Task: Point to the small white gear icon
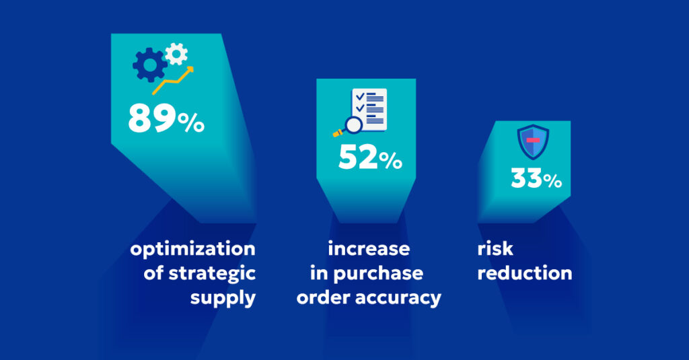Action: (176, 53)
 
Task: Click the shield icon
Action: (533, 142)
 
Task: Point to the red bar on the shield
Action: (533, 140)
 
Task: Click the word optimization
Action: (193, 249)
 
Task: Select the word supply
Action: (223, 297)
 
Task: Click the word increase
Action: (369, 249)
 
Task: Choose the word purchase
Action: (386, 273)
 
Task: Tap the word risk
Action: (495, 249)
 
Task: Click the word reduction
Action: (524, 273)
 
